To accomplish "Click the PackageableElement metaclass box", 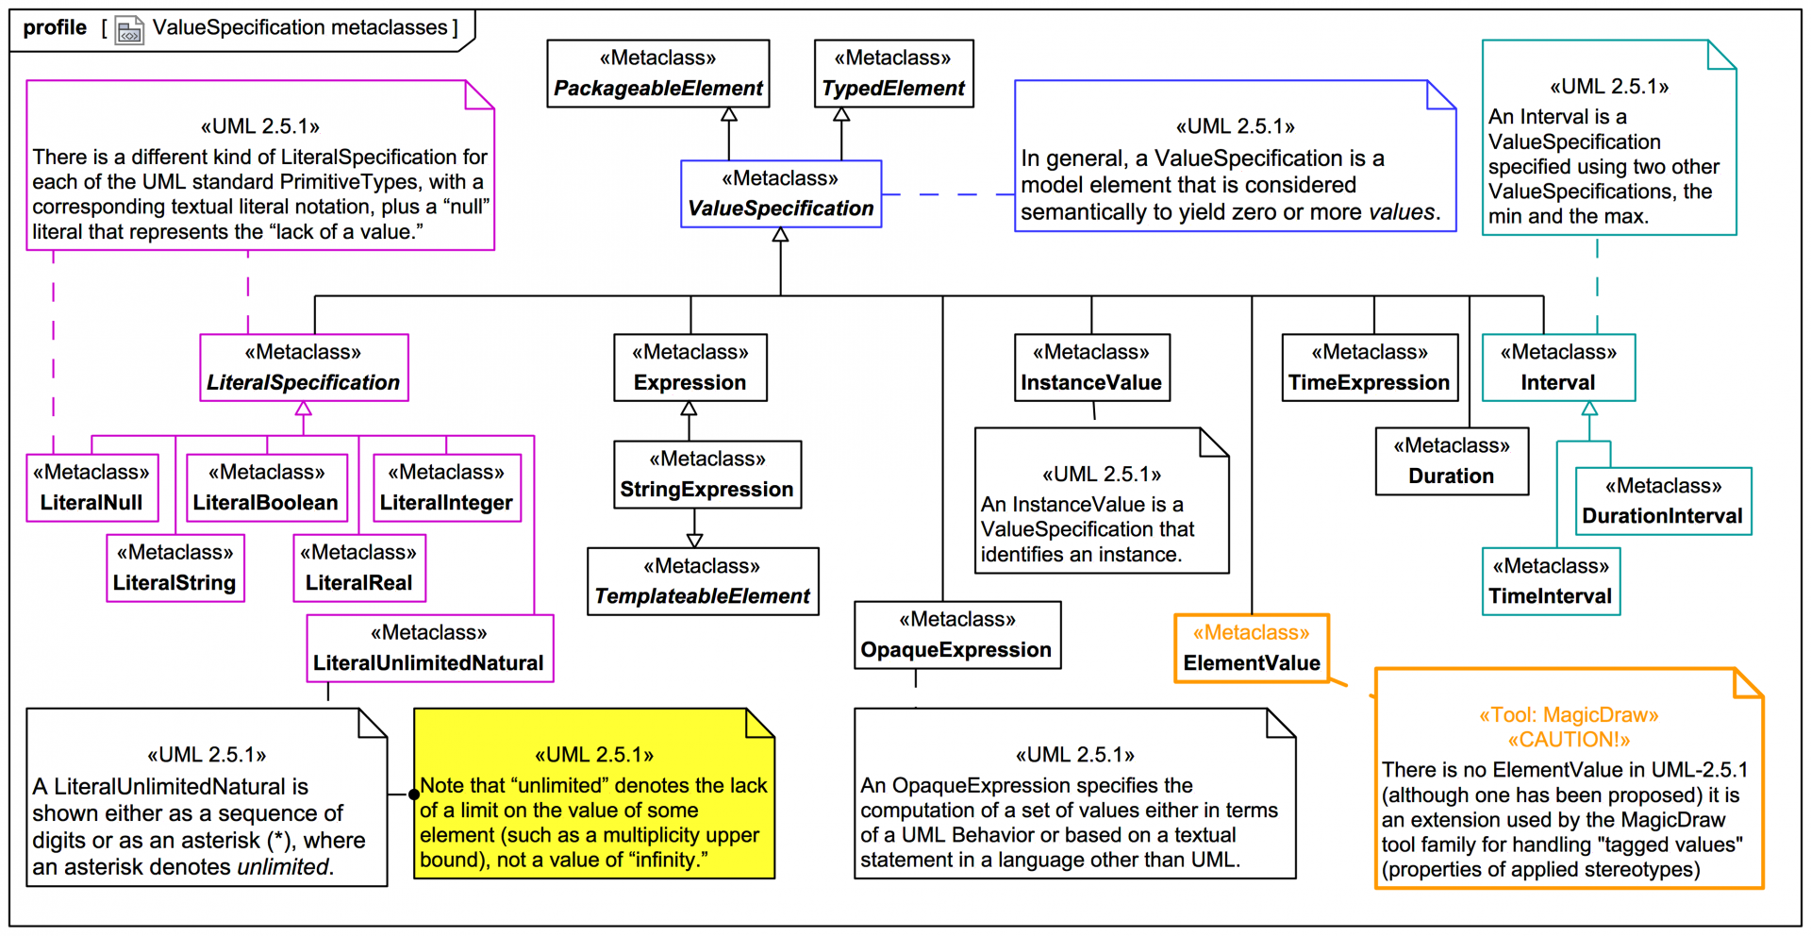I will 657,74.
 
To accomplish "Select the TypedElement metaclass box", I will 893,74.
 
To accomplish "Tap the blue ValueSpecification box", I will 781,193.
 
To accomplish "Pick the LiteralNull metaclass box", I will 91,488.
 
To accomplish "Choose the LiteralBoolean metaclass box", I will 266,488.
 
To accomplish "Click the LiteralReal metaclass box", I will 358,568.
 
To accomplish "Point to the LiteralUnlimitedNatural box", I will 429,648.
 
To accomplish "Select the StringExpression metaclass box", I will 707,475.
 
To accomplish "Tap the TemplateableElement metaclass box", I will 703,581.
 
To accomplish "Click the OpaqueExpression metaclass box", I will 956,635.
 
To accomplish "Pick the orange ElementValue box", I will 1252,648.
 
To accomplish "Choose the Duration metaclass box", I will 1451,461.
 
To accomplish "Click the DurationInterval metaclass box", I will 1663,501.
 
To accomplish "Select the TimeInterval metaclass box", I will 1551,581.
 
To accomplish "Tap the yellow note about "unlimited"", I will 594,794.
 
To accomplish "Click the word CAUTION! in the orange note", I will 1569,740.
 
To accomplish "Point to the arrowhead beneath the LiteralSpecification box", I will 304,409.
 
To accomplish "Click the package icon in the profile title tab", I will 129,31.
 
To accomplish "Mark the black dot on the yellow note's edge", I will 414,794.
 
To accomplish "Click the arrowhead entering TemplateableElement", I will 695,541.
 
